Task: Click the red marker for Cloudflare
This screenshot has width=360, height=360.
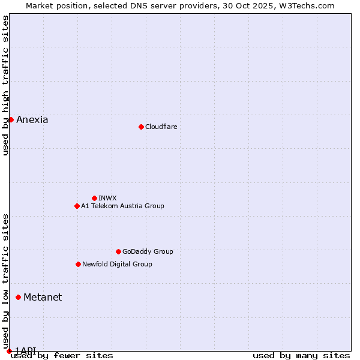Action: point(141,127)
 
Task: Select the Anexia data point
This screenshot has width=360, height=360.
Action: point(11,119)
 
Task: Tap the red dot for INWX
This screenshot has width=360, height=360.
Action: point(94,198)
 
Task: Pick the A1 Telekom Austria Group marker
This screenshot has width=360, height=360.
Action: point(77,206)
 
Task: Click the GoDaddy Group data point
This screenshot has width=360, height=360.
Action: point(118,251)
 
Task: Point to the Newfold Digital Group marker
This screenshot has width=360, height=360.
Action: point(78,264)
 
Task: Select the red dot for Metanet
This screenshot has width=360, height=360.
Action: point(18,297)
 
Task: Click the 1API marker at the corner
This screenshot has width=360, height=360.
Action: point(9,351)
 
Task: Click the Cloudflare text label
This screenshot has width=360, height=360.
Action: point(161,127)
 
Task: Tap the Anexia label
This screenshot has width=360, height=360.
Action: point(32,119)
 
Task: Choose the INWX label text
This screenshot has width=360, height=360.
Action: point(107,198)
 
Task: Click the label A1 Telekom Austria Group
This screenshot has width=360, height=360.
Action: point(122,206)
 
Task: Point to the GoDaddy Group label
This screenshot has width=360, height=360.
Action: point(148,251)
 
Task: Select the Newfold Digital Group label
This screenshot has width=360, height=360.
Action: point(117,264)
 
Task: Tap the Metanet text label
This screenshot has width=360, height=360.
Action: point(43,297)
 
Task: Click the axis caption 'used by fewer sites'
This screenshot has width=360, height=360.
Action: point(62,355)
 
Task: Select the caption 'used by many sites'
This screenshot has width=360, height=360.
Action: point(301,355)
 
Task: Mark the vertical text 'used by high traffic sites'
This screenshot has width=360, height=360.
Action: point(5,85)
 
